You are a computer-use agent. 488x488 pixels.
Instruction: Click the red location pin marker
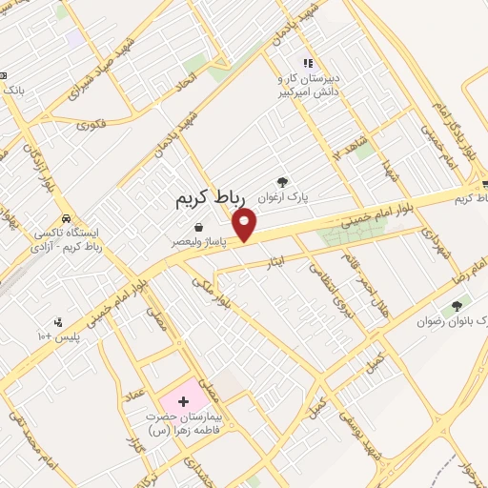[246, 224]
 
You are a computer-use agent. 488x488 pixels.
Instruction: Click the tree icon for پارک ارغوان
[282, 181]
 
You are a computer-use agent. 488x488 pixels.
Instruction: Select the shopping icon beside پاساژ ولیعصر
[197, 227]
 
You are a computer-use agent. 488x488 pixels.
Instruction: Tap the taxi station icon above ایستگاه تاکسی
[66, 214]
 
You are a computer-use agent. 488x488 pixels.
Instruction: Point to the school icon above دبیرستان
[307, 63]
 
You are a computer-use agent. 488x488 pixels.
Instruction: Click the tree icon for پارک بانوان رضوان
[457, 306]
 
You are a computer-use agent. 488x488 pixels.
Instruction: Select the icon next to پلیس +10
[60, 322]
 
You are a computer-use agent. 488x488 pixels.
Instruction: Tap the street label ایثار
[275, 259]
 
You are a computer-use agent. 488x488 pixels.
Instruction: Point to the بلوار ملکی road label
[212, 294]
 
